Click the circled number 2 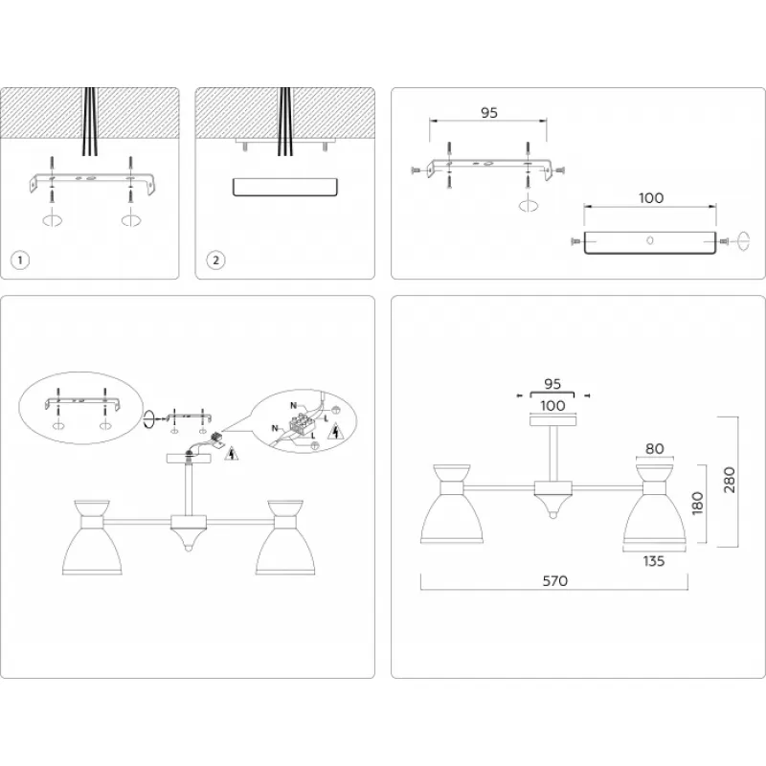[216, 259]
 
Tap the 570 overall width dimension [554, 581]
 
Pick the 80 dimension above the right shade [654, 447]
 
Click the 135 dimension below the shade [654, 562]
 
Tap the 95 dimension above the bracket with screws [488, 113]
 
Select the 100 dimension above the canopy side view [650, 198]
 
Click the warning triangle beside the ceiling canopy [231, 453]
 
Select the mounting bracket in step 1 [91, 181]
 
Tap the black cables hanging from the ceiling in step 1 [91, 124]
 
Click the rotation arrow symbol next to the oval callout [150, 418]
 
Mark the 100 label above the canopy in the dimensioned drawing [552, 406]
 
